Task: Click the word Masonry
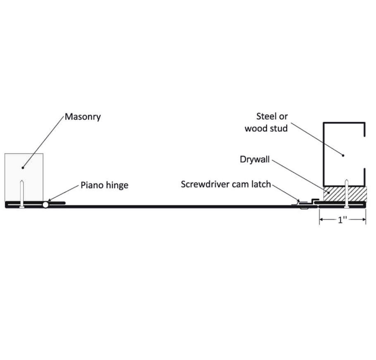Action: pos(83,117)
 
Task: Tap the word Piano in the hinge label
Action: pos(92,185)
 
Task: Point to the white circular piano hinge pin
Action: pos(46,204)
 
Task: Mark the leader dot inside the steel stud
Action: pos(344,156)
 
